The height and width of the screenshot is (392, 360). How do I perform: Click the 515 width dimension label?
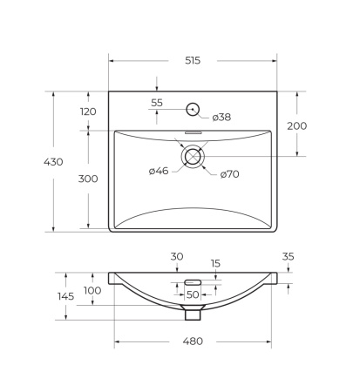193,60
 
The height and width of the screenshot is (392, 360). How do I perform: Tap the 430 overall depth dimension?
53,162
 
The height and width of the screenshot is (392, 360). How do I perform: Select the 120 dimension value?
88,112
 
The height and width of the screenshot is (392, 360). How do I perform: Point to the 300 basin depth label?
88,179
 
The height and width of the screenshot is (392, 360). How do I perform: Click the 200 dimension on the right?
297,126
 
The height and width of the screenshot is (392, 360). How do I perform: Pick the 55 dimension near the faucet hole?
157,103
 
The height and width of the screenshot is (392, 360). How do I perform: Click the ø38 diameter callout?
221,118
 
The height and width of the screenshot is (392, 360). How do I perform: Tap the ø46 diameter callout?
159,171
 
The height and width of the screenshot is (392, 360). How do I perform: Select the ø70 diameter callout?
230,174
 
